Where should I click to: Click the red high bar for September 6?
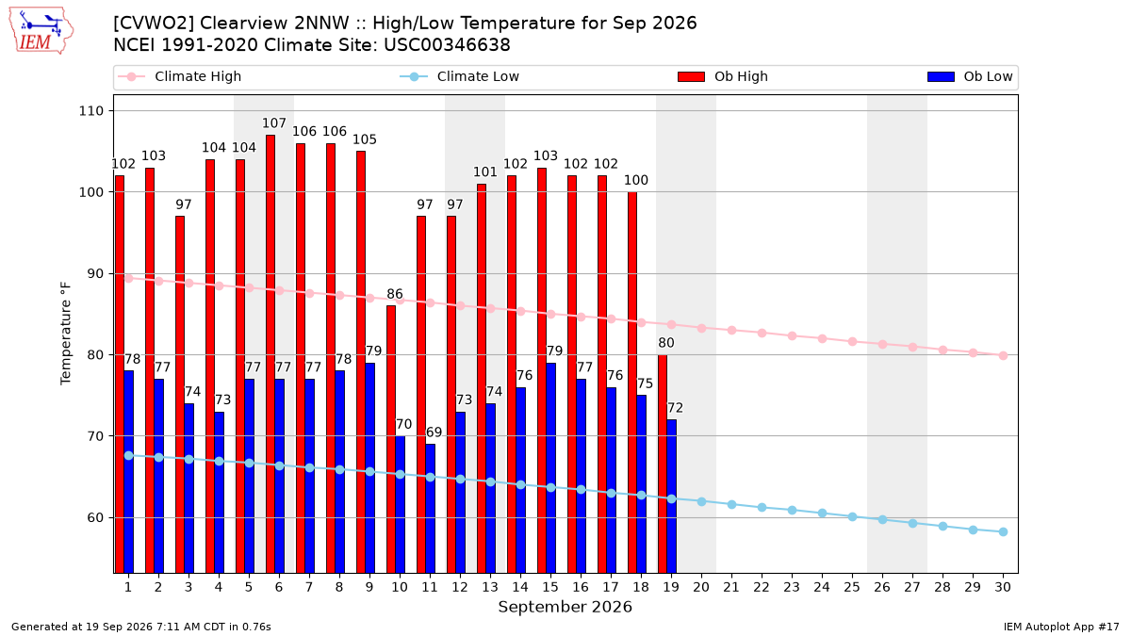coord(270,354)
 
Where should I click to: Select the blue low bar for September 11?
coord(430,508)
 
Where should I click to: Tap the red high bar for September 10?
coord(391,439)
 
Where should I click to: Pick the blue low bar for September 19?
coord(671,497)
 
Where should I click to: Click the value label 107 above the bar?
coord(273,123)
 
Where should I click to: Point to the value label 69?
coord(434,432)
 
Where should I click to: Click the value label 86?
coord(395,294)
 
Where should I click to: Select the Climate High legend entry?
coord(180,76)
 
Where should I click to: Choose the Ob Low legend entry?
coord(970,76)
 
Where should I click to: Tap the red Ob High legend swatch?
coord(691,76)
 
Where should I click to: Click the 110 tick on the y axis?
coord(90,111)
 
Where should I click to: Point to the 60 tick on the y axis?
coord(95,518)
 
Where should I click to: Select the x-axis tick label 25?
coord(852,587)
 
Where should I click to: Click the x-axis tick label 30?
coord(1003,587)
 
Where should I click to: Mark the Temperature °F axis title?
coord(66,334)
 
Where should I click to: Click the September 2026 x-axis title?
coord(565,607)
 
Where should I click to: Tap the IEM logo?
coord(41,31)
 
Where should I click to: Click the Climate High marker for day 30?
coord(1003,356)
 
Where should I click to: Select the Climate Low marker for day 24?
coord(822,514)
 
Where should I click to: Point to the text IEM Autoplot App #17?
coord(1061,627)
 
